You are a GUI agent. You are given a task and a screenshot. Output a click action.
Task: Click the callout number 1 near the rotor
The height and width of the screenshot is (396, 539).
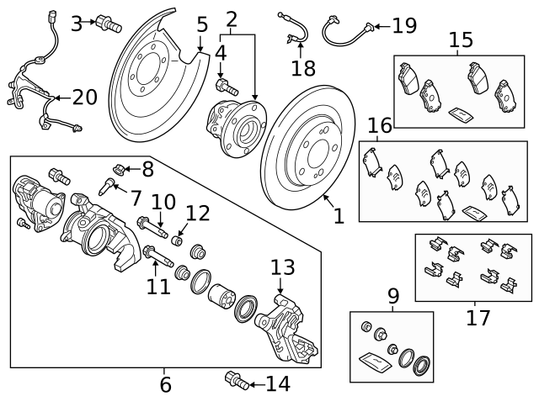point(339,216)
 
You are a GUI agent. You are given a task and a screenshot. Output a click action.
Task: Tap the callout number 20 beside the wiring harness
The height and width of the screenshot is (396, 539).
point(84,98)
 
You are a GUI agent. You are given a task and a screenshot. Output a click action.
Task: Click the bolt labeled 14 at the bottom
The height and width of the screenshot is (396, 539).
point(237,383)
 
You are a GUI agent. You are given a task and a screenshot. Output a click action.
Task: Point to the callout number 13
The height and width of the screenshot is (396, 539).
point(283,268)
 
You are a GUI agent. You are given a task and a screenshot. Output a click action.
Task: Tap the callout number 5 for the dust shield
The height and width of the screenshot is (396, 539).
point(201,24)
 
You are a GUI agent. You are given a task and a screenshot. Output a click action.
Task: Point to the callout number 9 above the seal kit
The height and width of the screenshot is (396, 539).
point(392,295)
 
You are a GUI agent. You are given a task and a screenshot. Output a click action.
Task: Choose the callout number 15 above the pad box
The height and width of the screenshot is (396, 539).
point(461,40)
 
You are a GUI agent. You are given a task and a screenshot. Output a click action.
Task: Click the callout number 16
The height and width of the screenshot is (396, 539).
point(380,126)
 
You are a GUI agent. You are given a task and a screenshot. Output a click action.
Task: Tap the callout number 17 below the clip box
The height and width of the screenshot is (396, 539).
point(478,319)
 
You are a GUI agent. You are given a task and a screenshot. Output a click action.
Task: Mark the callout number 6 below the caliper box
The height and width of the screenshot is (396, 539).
point(165,384)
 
